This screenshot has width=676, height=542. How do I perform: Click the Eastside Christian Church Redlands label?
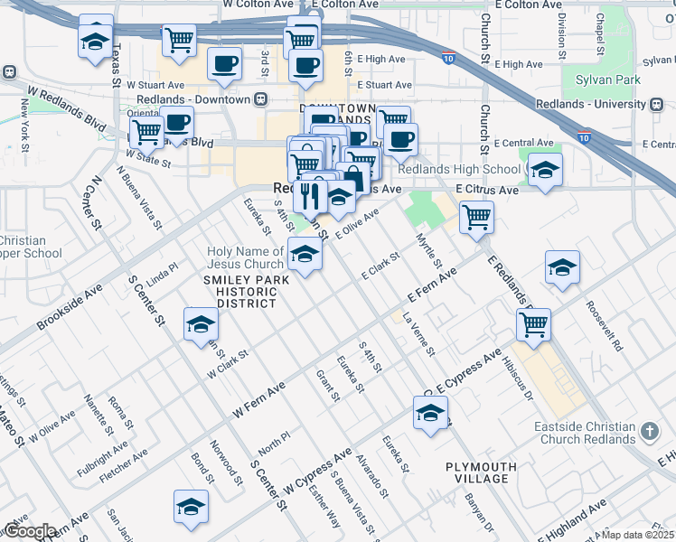(591, 433)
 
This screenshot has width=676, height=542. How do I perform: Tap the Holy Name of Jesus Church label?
(245, 257)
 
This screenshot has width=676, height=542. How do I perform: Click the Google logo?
(30, 532)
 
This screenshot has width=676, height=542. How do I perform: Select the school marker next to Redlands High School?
(545, 172)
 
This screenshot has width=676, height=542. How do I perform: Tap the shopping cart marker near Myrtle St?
(475, 217)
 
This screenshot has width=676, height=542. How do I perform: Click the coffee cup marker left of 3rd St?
(224, 63)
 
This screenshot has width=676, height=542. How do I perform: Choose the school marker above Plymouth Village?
(431, 415)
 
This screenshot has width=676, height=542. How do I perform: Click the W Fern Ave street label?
(258, 395)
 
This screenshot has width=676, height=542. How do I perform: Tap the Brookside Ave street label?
(69, 310)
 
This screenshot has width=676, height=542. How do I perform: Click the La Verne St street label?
(418, 335)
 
